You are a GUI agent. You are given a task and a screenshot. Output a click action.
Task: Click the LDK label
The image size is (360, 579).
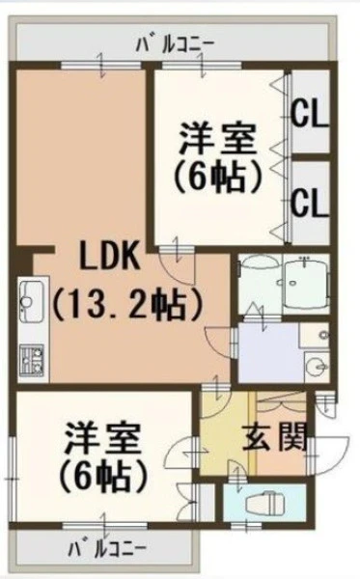pyautogui.click(x=110, y=256)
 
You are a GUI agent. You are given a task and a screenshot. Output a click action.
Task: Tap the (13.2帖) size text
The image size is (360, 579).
pyautogui.click(x=127, y=305)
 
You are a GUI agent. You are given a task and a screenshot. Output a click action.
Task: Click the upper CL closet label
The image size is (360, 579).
pyautogui.click(x=310, y=114)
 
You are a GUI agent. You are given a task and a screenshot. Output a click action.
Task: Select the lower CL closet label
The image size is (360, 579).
pyautogui.click(x=310, y=203)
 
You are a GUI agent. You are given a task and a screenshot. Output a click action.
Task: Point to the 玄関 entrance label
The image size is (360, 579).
pyautogui.click(x=275, y=438)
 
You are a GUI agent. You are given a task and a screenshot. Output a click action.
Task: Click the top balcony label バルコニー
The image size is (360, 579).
pyautogui.click(x=176, y=44)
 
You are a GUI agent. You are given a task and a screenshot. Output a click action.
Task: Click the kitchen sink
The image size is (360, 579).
pyautogui.click(x=31, y=301)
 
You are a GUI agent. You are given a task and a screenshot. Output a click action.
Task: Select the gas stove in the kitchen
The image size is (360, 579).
pyautogui.click(x=32, y=360)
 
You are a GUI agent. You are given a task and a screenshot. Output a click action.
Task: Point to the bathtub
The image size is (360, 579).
pyautogui.click(x=306, y=283)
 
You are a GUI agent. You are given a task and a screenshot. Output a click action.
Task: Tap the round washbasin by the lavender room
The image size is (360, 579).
pyautogui.click(x=317, y=368)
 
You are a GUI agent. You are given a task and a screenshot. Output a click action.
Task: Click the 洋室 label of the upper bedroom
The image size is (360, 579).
pyautogui.click(x=218, y=139)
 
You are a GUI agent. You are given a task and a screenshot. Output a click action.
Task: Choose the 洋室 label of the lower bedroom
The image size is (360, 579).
pyautogui.click(x=102, y=439)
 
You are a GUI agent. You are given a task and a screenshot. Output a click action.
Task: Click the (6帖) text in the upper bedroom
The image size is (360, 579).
pyautogui.click(x=218, y=178)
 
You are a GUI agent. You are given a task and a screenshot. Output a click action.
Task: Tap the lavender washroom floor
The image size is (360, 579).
pyautogui.click(x=268, y=352)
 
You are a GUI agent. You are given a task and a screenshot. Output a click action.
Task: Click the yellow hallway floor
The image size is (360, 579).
pyautogui.click(x=224, y=436)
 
